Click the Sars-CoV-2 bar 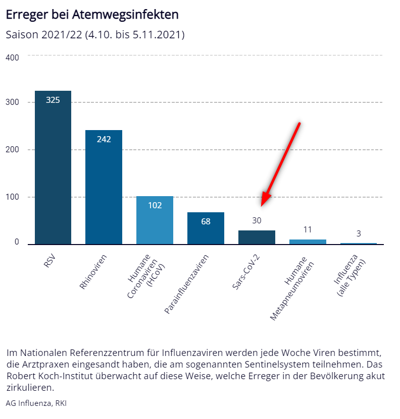coord(257,237)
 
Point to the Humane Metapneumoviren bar coord(308,242)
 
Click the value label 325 coord(53,100)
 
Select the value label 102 coord(155,205)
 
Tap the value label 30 coord(257,220)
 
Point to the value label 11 coord(308,229)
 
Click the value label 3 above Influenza coord(359,233)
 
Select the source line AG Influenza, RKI coord(36,403)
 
